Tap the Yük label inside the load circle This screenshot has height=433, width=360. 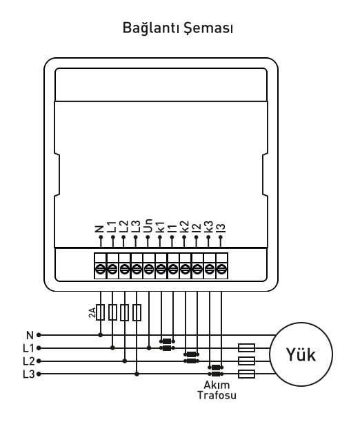point(301,354)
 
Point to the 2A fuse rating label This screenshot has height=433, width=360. point(92,312)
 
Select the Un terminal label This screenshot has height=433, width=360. point(148,225)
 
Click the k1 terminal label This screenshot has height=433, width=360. point(160,227)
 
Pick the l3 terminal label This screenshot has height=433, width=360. point(221,228)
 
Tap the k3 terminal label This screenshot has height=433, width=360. point(208,227)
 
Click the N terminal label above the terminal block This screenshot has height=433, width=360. point(99,229)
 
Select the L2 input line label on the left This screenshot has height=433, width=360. point(29,361)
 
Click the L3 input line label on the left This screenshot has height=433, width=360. point(29,374)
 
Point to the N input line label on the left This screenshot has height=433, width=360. point(30,335)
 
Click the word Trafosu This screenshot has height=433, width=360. point(217,395)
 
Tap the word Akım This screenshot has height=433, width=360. point(217,385)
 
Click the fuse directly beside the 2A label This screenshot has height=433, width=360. point(100,312)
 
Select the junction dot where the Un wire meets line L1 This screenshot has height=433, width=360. point(149,348)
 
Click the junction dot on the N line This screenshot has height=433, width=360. point(101,335)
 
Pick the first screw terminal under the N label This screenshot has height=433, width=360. point(100,268)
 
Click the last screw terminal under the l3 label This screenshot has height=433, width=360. point(221,268)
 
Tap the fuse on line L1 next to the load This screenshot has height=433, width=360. point(246,348)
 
